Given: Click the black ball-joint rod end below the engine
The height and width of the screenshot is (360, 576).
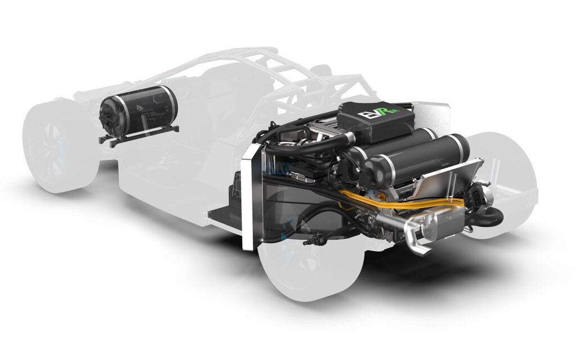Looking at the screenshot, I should point(308,242).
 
